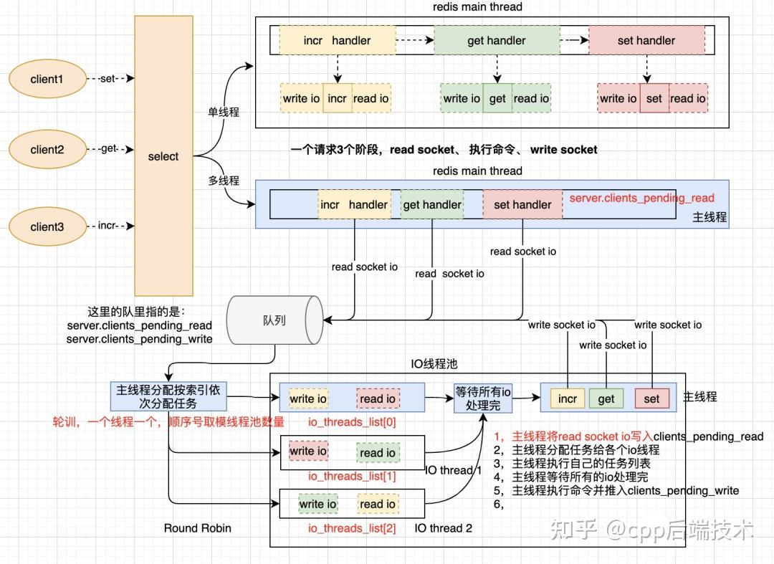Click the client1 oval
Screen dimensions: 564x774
[47, 79]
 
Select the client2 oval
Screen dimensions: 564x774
[47, 149]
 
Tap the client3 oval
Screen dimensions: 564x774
[47, 226]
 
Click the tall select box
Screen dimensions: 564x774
[163, 156]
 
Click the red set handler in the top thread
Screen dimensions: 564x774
[646, 41]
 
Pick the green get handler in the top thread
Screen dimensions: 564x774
[496, 41]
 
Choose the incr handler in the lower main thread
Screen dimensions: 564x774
[354, 204]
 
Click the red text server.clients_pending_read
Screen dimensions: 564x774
[641, 198]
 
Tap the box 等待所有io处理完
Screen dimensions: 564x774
[482, 398]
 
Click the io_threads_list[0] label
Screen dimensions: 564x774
[351, 422]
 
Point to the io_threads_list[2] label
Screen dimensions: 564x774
[351, 528]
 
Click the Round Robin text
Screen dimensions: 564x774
[197, 528]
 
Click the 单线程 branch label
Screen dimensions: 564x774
[224, 113]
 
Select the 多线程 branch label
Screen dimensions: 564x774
[224, 181]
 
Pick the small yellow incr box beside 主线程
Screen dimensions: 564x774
[568, 398]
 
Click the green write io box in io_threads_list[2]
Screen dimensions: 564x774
[317, 505]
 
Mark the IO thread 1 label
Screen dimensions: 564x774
[454, 470]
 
